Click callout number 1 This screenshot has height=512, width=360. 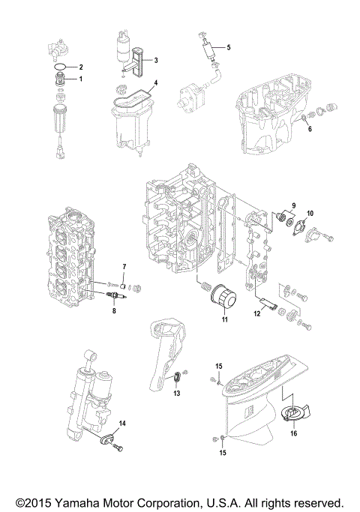(x=82, y=79)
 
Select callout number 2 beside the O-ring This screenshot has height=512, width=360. (x=82, y=67)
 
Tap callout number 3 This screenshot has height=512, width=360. (x=155, y=59)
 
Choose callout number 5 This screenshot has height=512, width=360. (x=229, y=47)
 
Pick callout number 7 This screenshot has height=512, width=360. (x=124, y=268)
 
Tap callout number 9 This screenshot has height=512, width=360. (x=294, y=205)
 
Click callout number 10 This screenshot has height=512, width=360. (x=310, y=213)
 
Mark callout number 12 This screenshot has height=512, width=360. (x=256, y=315)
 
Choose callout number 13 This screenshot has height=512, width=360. (x=177, y=393)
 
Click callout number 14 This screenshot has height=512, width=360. (x=123, y=424)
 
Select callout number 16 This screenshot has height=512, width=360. (x=293, y=433)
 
